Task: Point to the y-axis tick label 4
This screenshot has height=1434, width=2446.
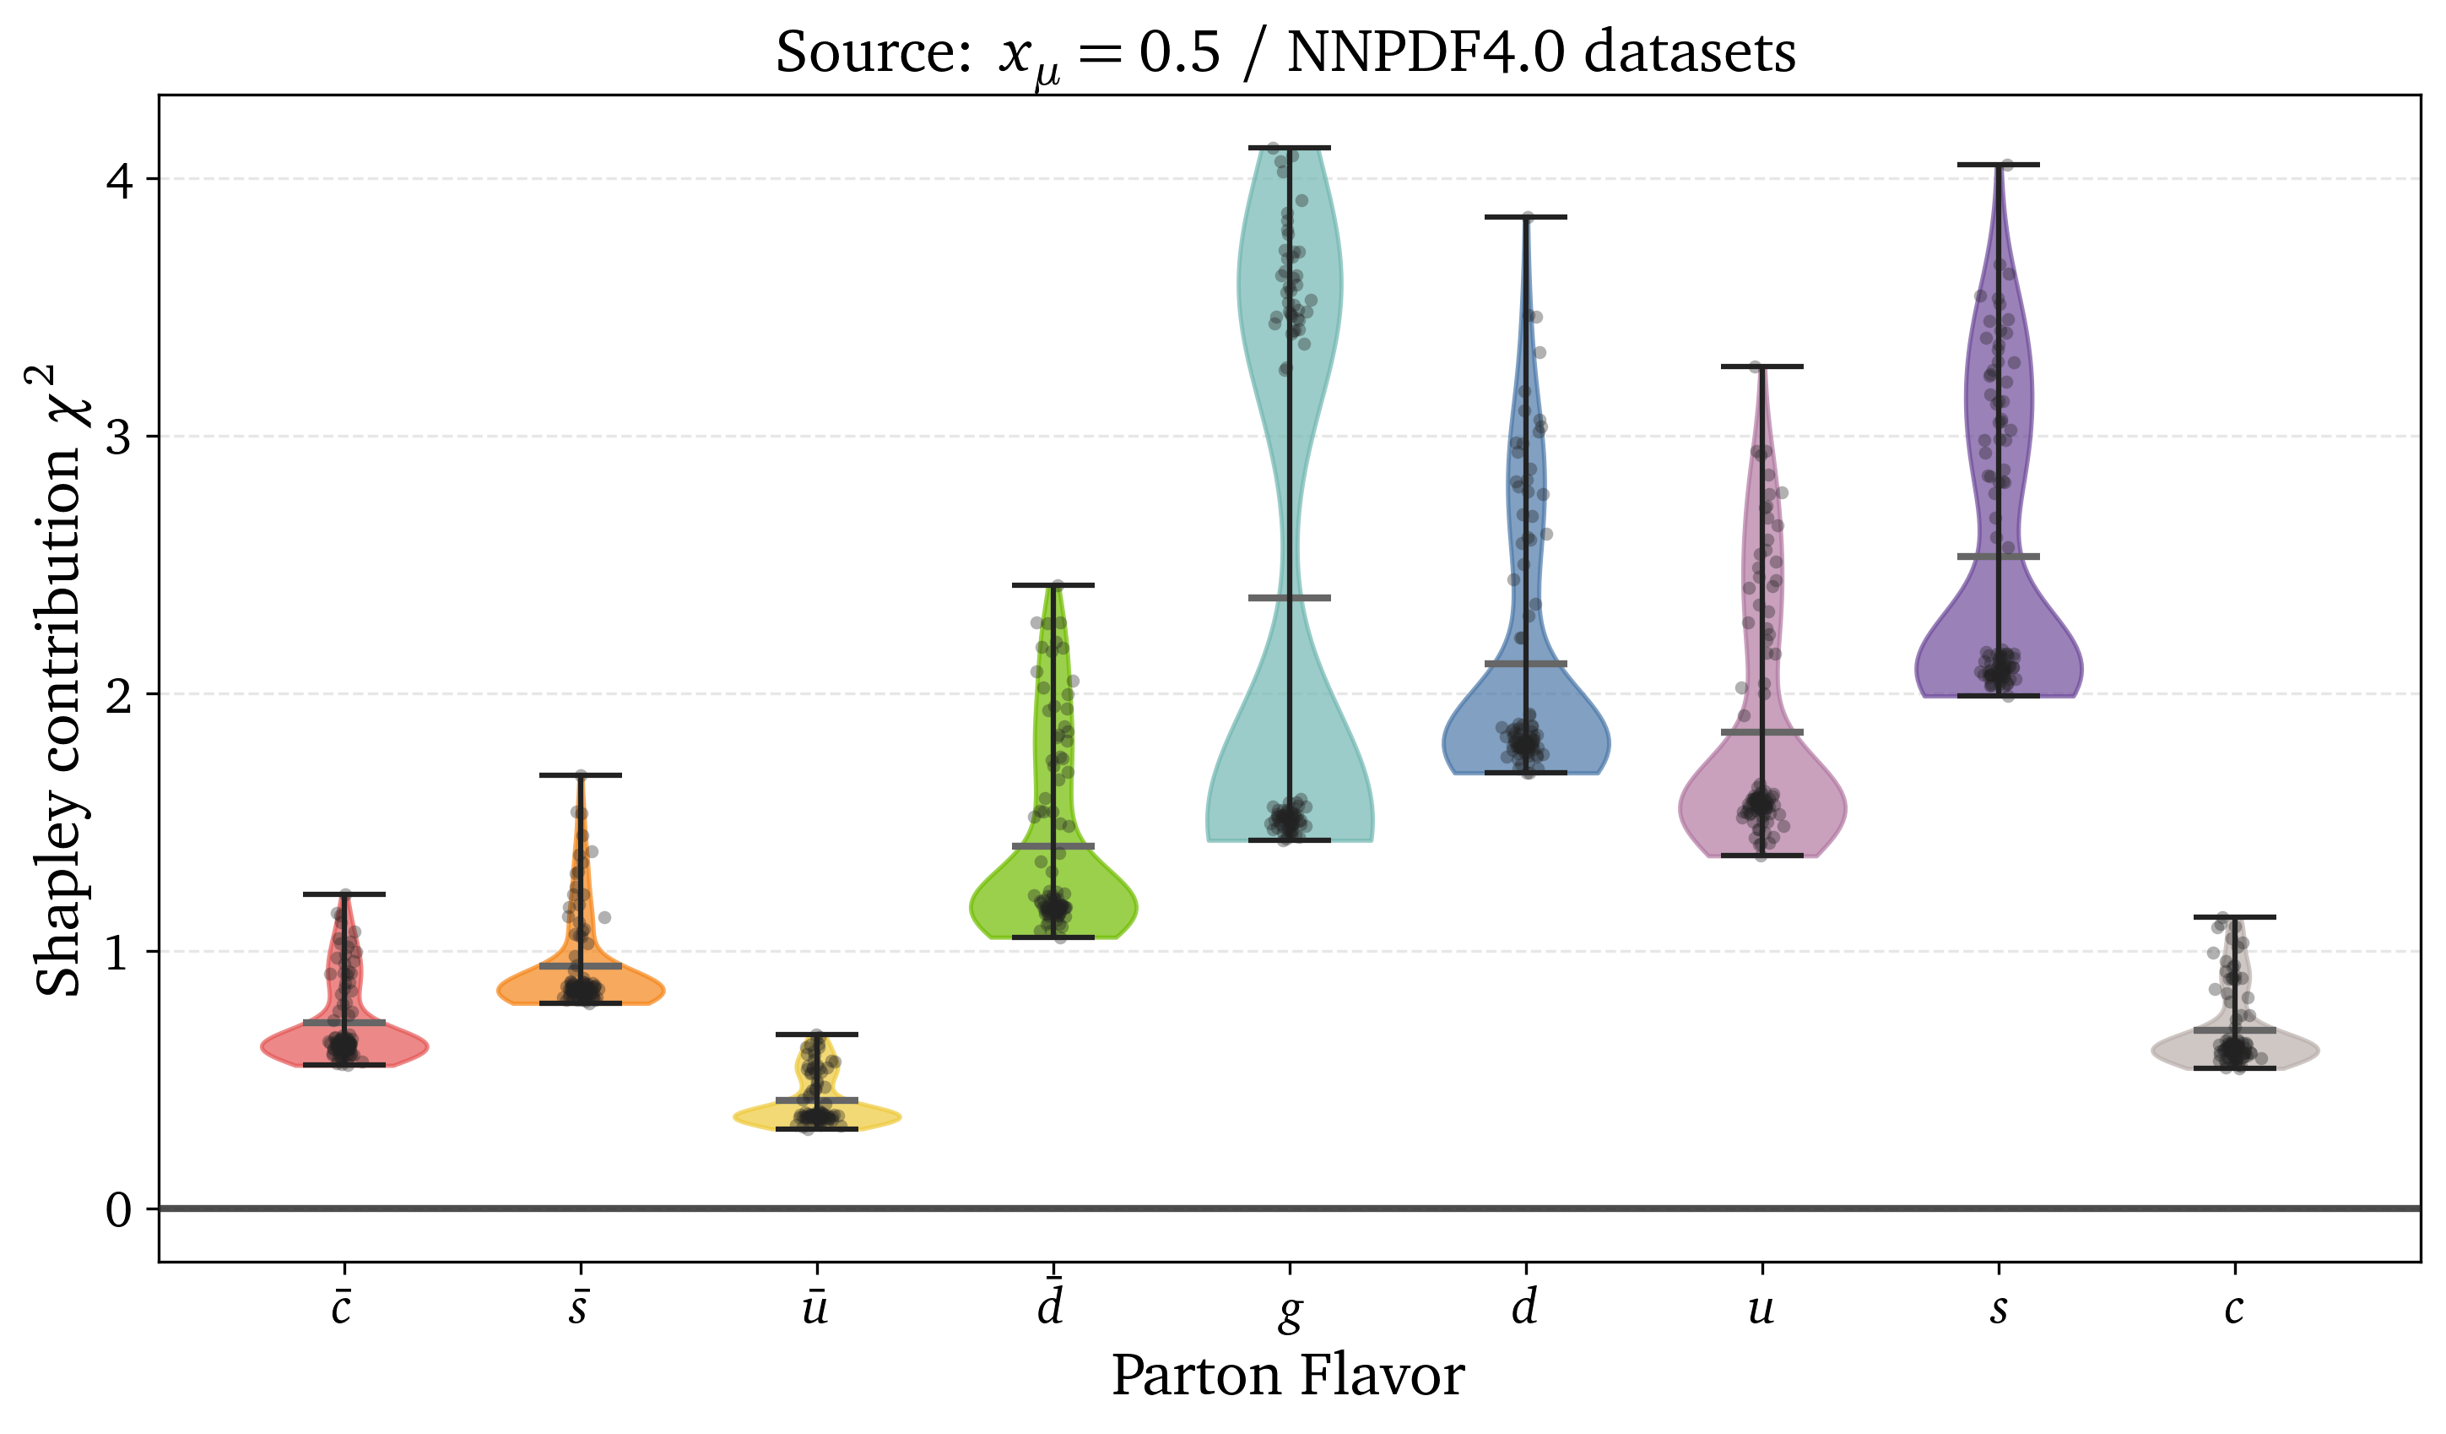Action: click(119, 180)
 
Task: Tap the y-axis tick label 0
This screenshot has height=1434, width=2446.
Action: click(119, 1209)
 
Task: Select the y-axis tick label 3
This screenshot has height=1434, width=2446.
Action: click(119, 437)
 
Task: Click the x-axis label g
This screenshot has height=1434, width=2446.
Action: click(1289, 1310)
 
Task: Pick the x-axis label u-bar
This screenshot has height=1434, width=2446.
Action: click(815, 1308)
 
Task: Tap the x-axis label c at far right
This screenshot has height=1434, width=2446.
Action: click(2234, 1309)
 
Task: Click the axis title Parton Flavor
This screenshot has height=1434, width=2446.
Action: click(1287, 1376)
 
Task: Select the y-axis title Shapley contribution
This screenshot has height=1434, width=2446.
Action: click(58, 680)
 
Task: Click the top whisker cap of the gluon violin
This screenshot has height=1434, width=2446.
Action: click(1289, 148)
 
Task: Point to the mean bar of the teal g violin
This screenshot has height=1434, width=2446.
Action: click(1289, 598)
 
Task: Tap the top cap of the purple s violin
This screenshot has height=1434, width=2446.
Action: click(1999, 165)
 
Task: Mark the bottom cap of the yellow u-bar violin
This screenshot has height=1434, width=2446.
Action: click(816, 1129)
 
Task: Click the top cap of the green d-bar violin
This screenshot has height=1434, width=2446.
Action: click(1053, 585)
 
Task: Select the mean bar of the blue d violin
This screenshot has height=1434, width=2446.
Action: click(1526, 664)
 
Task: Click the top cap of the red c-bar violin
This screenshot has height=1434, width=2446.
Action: click(344, 894)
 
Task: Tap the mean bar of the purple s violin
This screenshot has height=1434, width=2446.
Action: click(1999, 557)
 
